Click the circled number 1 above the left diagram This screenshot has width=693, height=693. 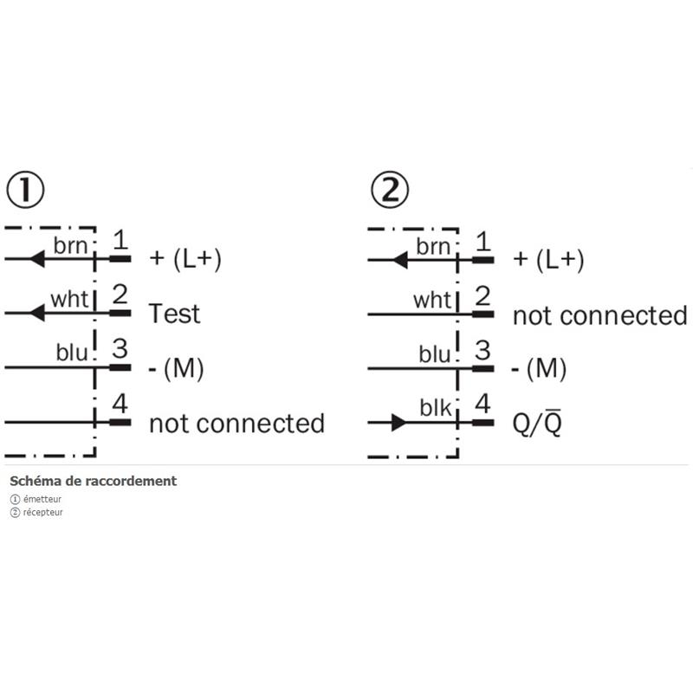tap(25, 190)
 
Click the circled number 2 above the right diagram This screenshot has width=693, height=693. tap(389, 190)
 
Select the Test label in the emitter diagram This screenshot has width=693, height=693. tap(174, 313)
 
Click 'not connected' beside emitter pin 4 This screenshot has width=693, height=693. tap(236, 424)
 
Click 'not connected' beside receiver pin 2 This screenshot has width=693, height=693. tap(599, 315)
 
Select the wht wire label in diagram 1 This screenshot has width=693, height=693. tap(69, 300)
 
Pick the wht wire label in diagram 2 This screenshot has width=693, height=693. tap(432, 301)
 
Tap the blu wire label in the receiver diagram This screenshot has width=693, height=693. tap(435, 354)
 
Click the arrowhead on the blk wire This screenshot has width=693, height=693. tap(398, 423)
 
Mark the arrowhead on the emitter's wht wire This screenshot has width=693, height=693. tap(36, 313)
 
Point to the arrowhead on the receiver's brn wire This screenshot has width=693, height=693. tap(400, 258)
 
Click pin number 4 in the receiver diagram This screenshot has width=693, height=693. tap(483, 404)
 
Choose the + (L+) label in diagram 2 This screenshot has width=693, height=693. tap(548, 260)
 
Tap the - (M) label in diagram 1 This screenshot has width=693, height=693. tap(176, 369)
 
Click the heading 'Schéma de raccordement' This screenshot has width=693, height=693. tap(93, 481)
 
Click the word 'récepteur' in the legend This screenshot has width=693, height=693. tap(42, 512)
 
